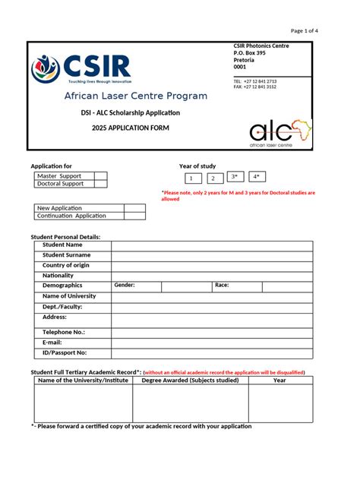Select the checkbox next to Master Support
pyautogui.click(x=100, y=175)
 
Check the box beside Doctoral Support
pyautogui.click(x=100, y=184)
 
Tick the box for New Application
pyautogui.click(x=134, y=207)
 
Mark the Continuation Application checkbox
pyautogui.click(x=134, y=216)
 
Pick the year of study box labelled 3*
pyautogui.click(x=235, y=177)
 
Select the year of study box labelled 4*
pyautogui.click(x=257, y=177)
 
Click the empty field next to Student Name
pyautogui.click(x=211, y=245)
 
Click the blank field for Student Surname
pyautogui.click(x=211, y=255)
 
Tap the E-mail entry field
pyautogui.click(x=211, y=343)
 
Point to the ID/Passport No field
pyautogui.click(x=211, y=353)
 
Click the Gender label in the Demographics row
pyautogui.click(x=125, y=285)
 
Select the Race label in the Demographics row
pyautogui.click(x=222, y=285)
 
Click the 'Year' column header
pyautogui.click(x=279, y=381)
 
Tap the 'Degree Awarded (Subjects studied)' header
pyautogui.click(x=190, y=381)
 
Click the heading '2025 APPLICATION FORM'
pyautogui.click(x=131, y=128)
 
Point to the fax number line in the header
pyautogui.click(x=255, y=87)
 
